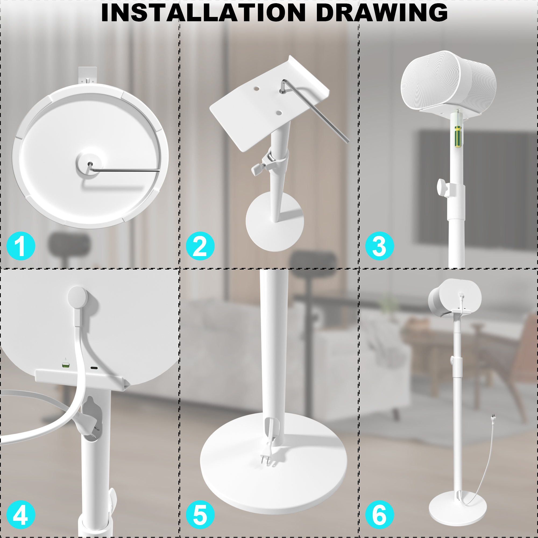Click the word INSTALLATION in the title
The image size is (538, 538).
coord(204,13)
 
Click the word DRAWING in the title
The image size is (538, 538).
coord(382,13)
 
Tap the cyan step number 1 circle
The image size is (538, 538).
coord(21,246)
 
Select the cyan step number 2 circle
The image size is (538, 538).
coord(200,246)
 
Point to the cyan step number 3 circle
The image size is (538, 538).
coord(380,246)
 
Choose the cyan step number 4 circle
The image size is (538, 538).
coord(21,515)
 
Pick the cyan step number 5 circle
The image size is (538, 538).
coord(200,515)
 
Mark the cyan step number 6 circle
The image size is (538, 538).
coord(380,515)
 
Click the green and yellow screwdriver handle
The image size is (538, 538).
coord(458,136)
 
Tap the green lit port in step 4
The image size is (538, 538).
coord(66,365)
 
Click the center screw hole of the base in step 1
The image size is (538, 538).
coord(90,164)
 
